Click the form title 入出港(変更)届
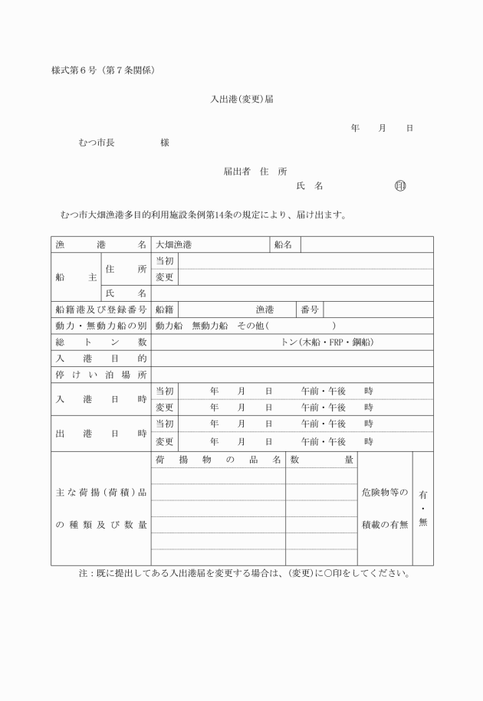[x=242, y=100]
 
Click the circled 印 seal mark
[x=399, y=185]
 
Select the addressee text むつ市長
[x=97, y=142]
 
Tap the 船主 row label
[x=76, y=277]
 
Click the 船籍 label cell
[x=164, y=310]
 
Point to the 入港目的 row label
[x=100, y=359]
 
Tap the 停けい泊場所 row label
[x=100, y=375]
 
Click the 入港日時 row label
[x=100, y=399]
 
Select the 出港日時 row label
[x=100, y=433]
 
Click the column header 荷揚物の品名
[x=219, y=460]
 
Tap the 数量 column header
[x=321, y=460]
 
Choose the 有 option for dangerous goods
[x=423, y=496]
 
